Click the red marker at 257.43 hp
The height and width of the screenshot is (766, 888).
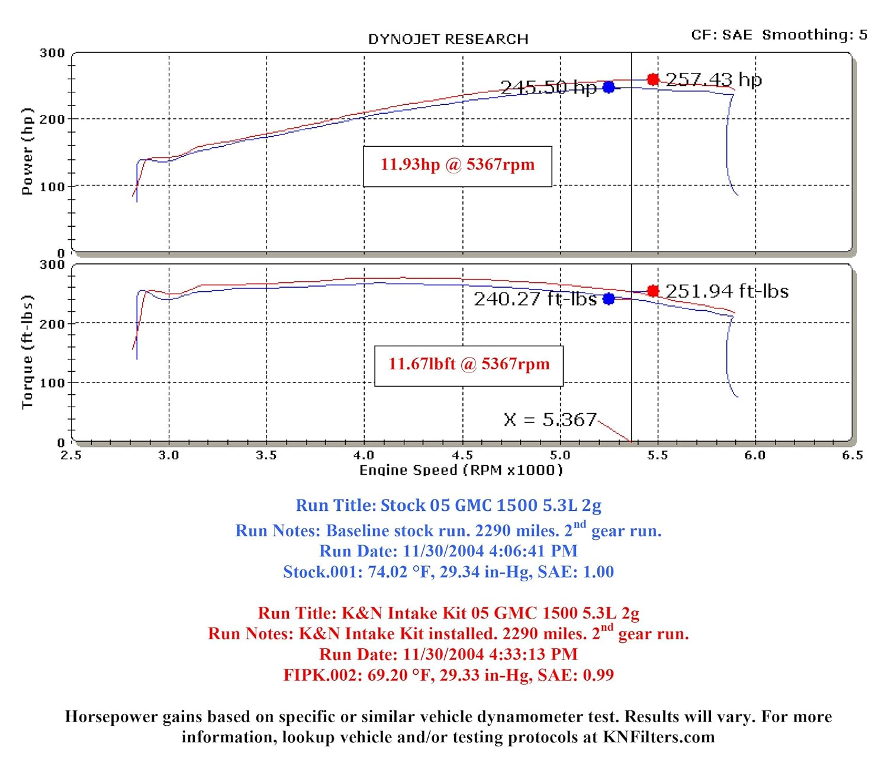[x=653, y=79]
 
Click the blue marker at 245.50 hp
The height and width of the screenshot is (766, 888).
[x=609, y=88]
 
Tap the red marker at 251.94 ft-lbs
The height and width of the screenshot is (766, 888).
[x=653, y=291]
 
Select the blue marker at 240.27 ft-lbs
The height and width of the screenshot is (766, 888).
[x=609, y=299]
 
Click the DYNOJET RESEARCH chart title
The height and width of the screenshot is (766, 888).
[x=448, y=40]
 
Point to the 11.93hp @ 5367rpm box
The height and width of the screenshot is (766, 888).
[x=457, y=165]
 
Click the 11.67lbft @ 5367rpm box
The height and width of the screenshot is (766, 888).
[x=469, y=365]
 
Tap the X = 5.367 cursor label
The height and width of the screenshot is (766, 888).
[x=550, y=420]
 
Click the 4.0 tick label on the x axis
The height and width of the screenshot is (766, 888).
[x=364, y=455]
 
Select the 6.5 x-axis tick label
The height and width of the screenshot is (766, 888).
[x=852, y=455]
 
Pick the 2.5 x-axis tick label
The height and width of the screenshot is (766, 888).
[x=71, y=455]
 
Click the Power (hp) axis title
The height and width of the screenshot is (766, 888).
[x=27, y=152]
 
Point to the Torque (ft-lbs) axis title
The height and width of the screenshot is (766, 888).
[x=27, y=352]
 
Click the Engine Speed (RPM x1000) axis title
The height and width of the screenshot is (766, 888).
[x=461, y=471]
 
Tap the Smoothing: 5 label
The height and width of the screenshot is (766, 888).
[x=815, y=35]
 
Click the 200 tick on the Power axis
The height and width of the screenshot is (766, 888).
[x=52, y=120]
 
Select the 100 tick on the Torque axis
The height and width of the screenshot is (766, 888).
[x=52, y=383]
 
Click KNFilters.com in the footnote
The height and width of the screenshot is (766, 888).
[x=658, y=737]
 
